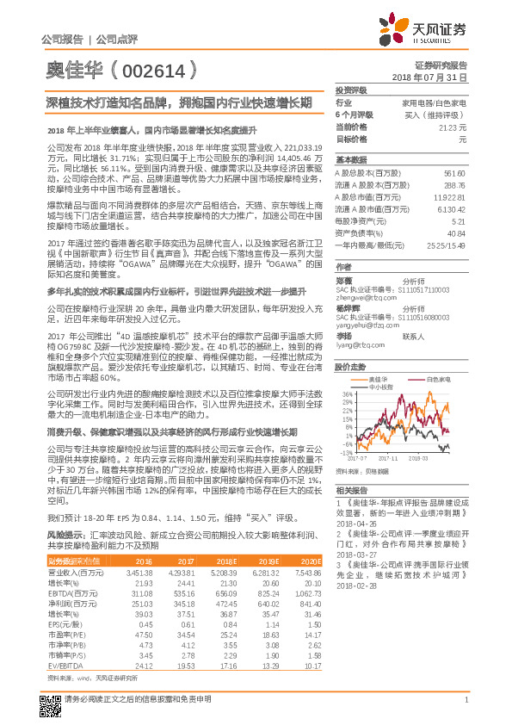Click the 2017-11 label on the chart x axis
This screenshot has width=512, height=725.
pos(384,459)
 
